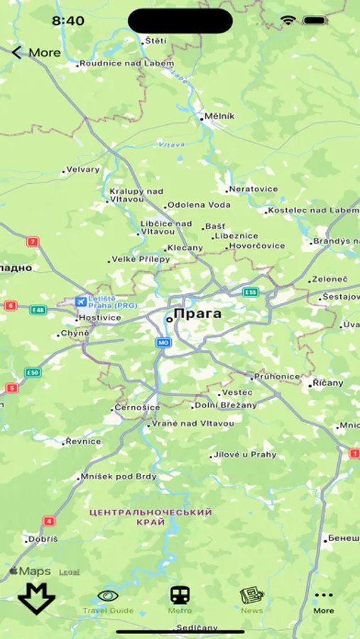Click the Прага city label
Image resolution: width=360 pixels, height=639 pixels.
click(x=197, y=314)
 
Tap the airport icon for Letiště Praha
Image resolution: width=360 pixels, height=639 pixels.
click(x=81, y=302)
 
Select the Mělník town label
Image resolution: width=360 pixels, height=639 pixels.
click(x=219, y=116)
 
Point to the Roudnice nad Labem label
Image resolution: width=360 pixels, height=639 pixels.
click(x=126, y=64)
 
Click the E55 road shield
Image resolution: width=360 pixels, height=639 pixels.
click(x=250, y=292)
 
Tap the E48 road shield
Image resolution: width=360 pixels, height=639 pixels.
click(x=38, y=310)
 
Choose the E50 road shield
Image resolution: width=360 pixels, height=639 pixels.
click(x=32, y=372)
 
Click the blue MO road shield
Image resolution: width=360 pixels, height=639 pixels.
click(x=163, y=342)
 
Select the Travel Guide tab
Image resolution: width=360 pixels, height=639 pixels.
click(x=108, y=601)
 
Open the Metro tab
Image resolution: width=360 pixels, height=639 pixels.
click(x=180, y=601)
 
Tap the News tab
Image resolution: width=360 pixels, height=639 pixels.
click(x=251, y=601)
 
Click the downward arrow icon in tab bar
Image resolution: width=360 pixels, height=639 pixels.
click(x=36, y=598)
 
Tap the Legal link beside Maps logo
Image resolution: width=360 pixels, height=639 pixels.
click(x=69, y=572)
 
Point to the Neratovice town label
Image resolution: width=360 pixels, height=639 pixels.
click(x=252, y=190)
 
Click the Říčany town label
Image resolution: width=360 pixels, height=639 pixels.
click(x=328, y=383)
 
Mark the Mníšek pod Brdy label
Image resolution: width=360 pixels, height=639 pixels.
click(x=118, y=476)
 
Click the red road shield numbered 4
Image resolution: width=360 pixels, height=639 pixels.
click(x=49, y=520)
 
